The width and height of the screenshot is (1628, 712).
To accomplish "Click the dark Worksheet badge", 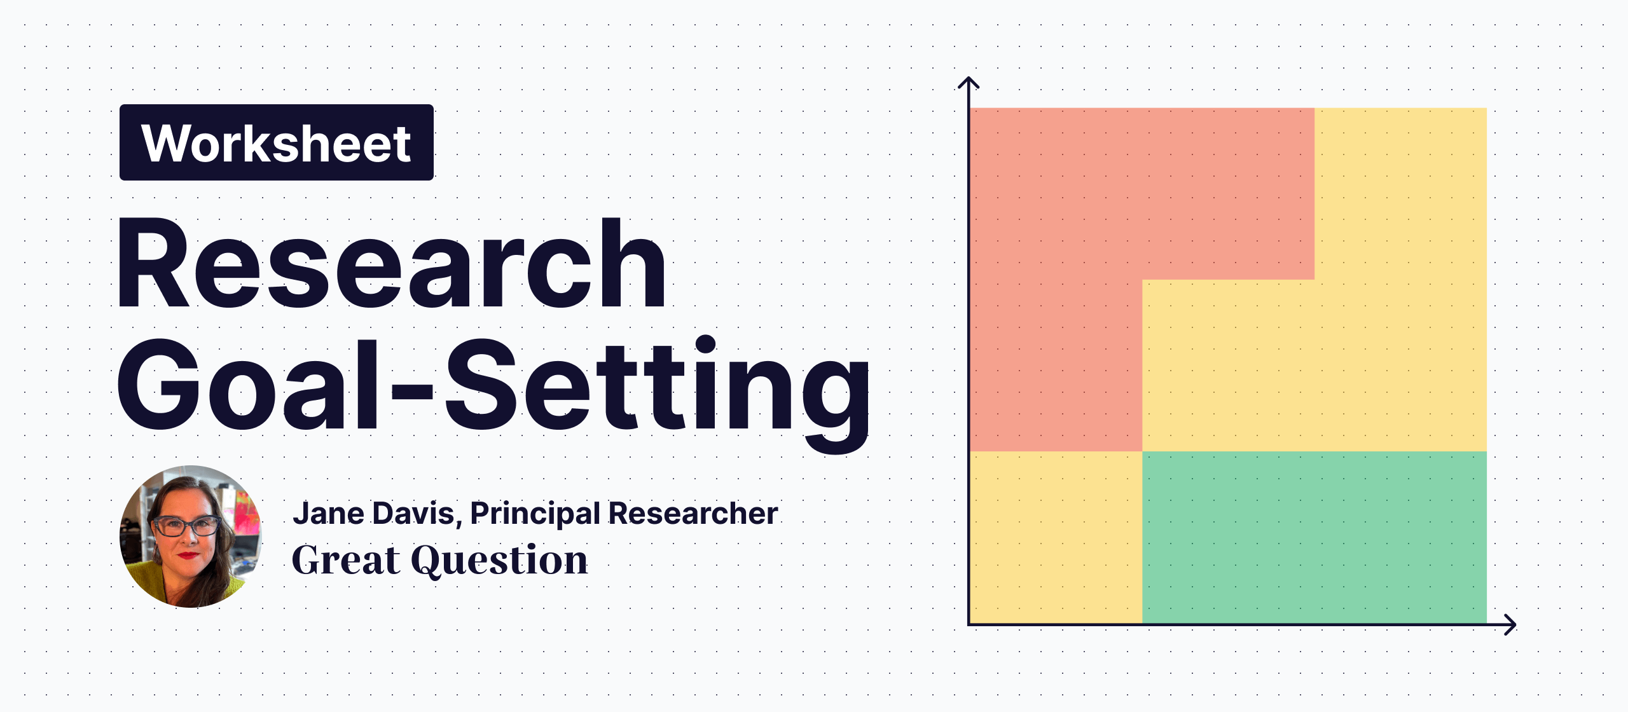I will click(276, 142).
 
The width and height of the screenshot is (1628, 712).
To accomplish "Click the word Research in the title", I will click(390, 264).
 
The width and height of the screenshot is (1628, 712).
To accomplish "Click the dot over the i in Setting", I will click(705, 344).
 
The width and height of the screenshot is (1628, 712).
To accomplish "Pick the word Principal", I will click(535, 514).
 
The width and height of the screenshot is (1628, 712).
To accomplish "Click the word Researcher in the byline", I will click(693, 513).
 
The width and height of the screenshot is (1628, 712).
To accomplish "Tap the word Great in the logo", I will click(346, 560).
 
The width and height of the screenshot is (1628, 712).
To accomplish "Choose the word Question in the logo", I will click(499, 561).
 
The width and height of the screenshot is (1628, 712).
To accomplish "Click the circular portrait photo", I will click(190, 537).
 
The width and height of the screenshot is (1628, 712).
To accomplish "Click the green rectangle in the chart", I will click(1314, 537).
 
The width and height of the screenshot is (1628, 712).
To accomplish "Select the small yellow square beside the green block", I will click(1056, 537).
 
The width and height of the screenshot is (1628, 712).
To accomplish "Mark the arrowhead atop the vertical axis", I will click(968, 81).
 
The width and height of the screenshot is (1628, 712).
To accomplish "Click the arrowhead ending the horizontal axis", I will click(1512, 625).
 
